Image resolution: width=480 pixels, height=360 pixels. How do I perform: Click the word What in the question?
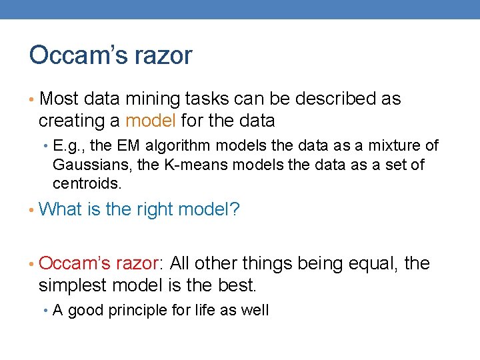[x=61, y=209]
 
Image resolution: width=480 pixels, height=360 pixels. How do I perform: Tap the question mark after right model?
[x=235, y=209]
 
